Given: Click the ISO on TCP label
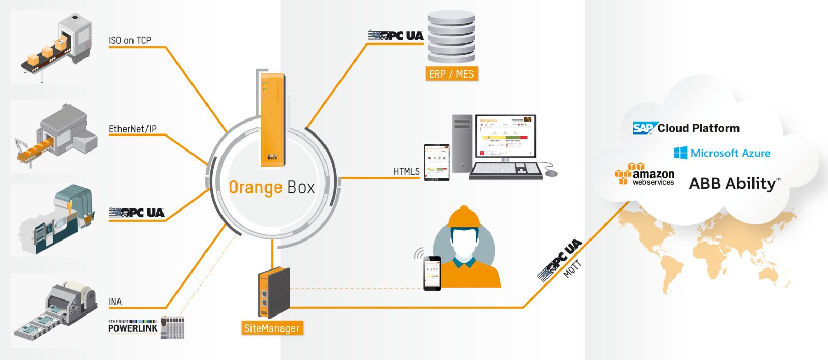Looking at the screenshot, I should [x=130, y=40].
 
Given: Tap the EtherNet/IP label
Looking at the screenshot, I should [x=132, y=129].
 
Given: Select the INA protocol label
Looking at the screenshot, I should [x=115, y=302].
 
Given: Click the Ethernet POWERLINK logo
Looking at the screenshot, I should [x=133, y=326].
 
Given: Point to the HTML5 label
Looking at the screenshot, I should [x=406, y=171].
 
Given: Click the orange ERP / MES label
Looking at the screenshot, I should [x=451, y=74].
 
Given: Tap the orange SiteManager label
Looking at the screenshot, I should [x=272, y=328].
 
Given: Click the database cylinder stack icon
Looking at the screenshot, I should [x=451, y=38].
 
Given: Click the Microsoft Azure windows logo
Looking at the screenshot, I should [x=681, y=153].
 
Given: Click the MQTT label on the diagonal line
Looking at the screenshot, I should [x=572, y=269].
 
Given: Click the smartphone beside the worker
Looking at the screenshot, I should [x=432, y=273].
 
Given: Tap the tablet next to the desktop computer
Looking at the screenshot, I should [x=437, y=162].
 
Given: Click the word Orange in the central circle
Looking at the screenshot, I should [x=255, y=187].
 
